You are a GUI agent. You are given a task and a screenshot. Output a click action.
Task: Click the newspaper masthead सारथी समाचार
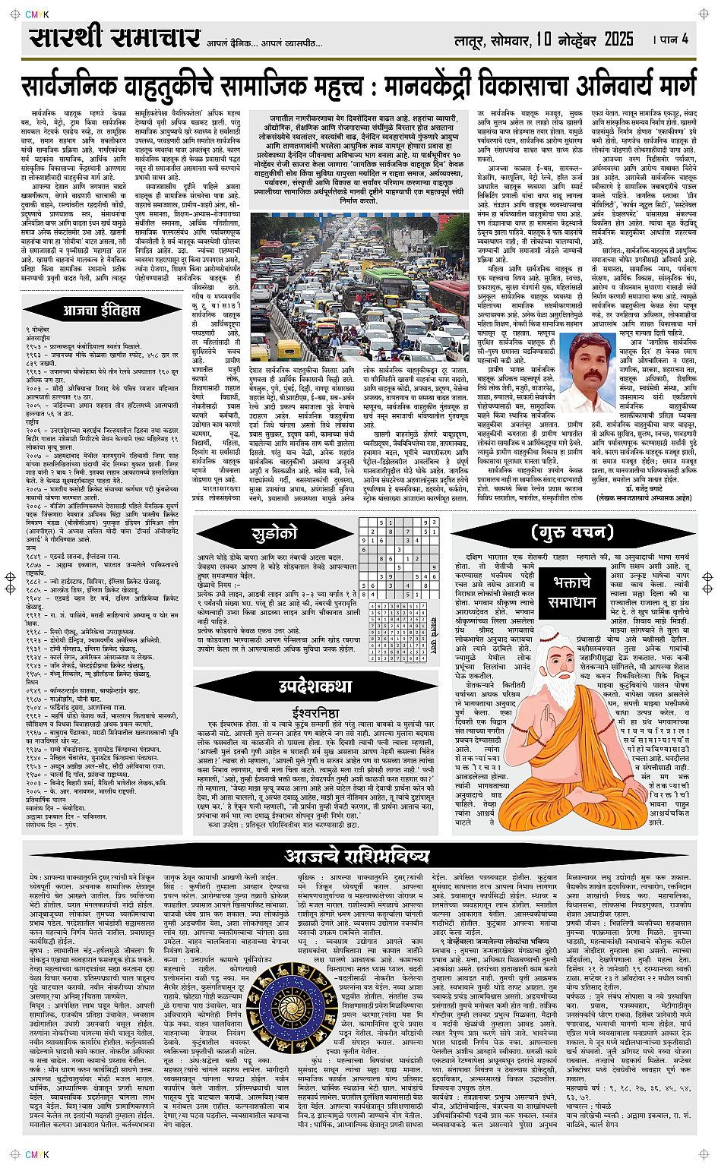pos(114,38)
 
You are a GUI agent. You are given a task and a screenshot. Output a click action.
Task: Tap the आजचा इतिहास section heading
pos(101,310)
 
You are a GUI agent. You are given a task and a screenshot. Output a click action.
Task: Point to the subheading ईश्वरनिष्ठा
pos(315,712)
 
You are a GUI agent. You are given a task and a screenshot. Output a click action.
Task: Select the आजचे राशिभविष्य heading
pos(356,856)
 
